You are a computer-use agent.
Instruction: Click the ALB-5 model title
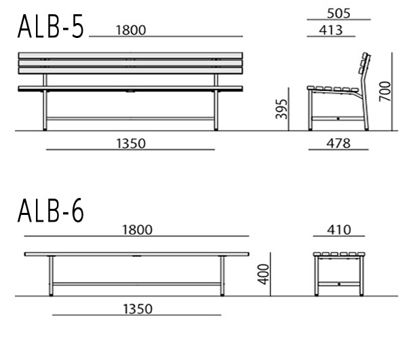tap(51, 26)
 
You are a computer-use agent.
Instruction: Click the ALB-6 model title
tap(51, 210)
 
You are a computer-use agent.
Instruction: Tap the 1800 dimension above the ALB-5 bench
tap(131, 30)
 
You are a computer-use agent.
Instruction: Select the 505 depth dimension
tap(338, 14)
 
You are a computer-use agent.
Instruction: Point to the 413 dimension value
tap(331, 30)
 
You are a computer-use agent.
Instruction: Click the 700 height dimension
tap(385, 92)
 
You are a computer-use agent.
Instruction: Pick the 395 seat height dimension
tap(282, 109)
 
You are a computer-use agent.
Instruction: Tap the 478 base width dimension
tap(338, 144)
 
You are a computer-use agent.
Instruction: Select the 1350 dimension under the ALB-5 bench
tap(131, 144)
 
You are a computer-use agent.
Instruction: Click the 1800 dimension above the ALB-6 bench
tap(137, 230)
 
